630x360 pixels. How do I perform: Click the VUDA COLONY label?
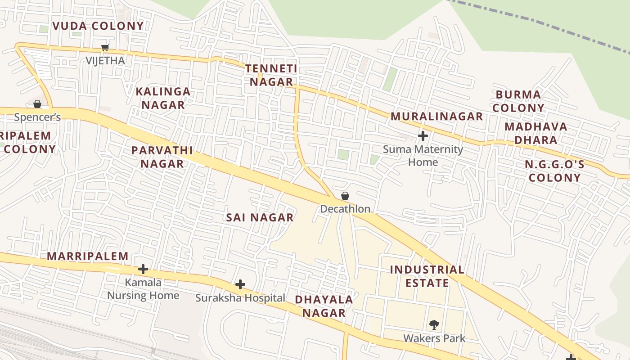98,26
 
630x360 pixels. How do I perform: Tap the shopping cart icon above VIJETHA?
105,47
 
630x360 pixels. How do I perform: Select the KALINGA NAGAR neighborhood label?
163,98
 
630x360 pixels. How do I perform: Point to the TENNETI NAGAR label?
271,75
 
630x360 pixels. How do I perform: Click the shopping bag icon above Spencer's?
37,104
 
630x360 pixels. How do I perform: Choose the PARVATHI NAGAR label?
162,157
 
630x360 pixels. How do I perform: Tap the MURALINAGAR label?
436,117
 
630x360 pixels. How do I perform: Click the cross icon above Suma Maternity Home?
423,135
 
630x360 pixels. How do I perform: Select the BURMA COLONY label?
518,101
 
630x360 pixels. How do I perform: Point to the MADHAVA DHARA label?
535,133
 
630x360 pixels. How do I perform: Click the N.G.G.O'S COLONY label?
554,171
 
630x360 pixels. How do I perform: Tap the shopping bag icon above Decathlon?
345,196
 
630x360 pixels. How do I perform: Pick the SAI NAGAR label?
260,218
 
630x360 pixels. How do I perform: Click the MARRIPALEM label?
88,256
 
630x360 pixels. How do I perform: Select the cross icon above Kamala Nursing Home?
143,269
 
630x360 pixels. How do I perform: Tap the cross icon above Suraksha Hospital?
240,284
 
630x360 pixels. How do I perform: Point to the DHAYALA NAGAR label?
324,306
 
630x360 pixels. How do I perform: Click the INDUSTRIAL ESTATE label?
427,276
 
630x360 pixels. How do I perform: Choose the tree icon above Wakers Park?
434,324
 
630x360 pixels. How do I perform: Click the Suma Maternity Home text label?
423,156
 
